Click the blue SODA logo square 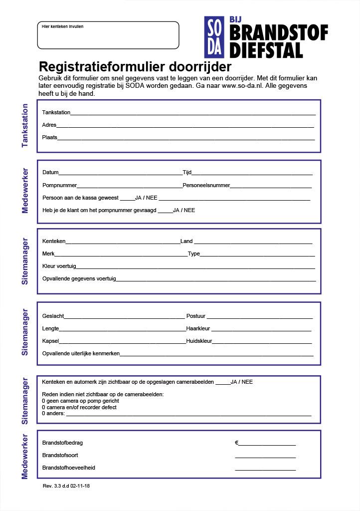(x=215, y=37)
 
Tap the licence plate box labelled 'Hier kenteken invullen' (x=108, y=35)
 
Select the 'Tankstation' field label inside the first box (x=56, y=113)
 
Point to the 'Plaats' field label (x=50, y=137)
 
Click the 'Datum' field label (x=50, y=173)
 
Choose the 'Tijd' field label (x=187, y=173)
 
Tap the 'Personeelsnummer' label (x=206, y=186)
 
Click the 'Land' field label (x=186, y=242)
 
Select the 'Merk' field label (x=48, y=254)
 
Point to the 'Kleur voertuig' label (x=59, y=266)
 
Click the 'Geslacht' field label (x=53, y=316)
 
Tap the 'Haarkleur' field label (x=198, y=329)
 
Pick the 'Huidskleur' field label (x=199, y=341)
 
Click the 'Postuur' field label (x=195, y=316)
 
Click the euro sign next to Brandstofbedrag (x=237, y=443)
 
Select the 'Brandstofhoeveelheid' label (x=69, y=468)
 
